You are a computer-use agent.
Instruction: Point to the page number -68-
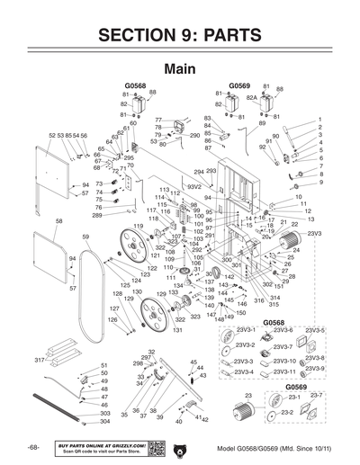[33, 447]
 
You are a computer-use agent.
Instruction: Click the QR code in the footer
[154, 447]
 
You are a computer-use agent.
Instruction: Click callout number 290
[193, 135]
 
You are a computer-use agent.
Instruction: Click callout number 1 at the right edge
[319, 120]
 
